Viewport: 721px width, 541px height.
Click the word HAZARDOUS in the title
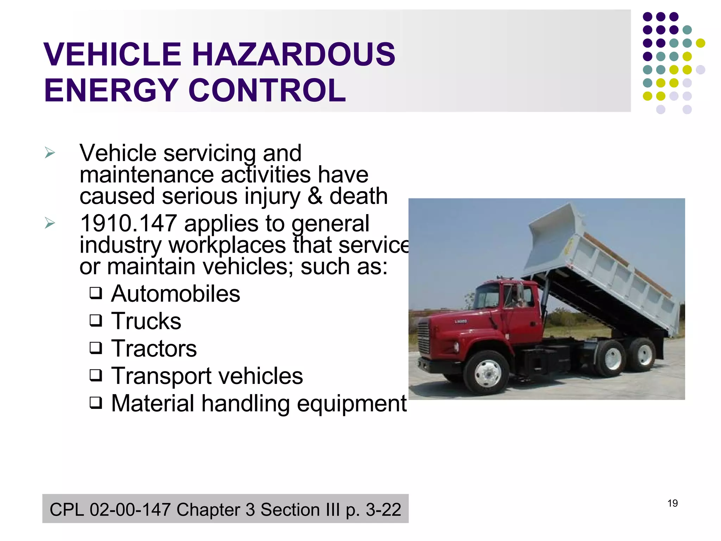(293, 55)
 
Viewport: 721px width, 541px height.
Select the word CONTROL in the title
(267, 91)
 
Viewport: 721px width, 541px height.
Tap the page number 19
(672, 503)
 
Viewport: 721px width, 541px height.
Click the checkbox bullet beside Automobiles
(96, 293)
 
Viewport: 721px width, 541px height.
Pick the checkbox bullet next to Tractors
(96, 348)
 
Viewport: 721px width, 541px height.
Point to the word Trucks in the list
(146, 321)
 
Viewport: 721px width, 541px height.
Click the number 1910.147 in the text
(128, 223)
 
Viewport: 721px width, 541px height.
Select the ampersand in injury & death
(315, 196)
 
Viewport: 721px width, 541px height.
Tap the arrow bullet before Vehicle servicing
(50, 153)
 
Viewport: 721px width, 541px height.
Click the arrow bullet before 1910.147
(50, 223)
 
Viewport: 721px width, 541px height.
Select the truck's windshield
(489, 296)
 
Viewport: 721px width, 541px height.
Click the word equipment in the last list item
(352, 403)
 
